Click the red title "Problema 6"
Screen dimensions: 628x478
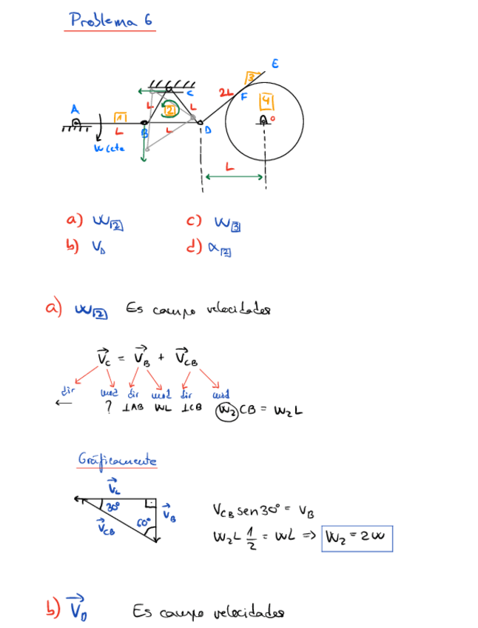point(111,20)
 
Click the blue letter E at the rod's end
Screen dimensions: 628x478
point(275,64)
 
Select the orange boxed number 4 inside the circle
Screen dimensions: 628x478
point(266,100)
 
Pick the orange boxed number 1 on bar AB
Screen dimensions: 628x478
point(121,118)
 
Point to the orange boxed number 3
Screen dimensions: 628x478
point(251,77)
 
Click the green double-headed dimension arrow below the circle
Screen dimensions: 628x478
point(234,176)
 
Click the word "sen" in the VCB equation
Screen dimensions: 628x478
point(246,510)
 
